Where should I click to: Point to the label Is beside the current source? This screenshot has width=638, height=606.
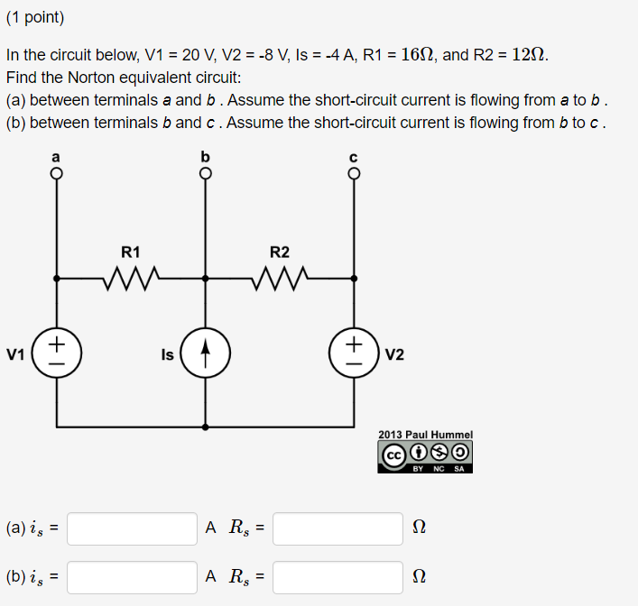(167, 354)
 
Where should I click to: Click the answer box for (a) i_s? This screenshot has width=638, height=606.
(132, 528)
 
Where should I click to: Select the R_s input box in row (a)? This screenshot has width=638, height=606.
(337, 528)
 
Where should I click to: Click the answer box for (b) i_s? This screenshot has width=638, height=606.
(132, 577)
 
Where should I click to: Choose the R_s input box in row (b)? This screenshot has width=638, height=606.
(337, 577)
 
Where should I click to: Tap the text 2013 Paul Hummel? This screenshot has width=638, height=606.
(425, 435)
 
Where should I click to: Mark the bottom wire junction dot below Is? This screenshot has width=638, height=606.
(206, 426)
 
